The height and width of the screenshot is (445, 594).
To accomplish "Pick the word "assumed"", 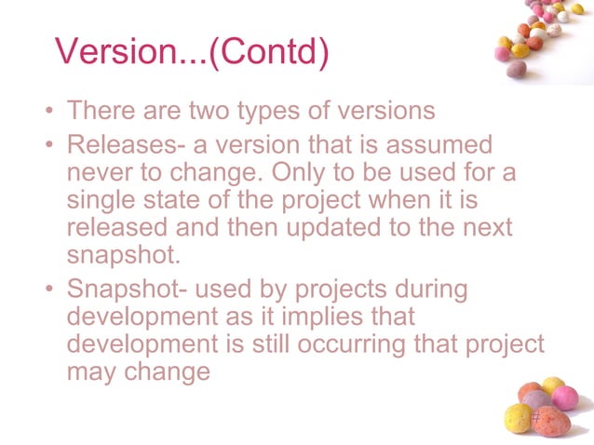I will pyautogui.click(x=440, y=146).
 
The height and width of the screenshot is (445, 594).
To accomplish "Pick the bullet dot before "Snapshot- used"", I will pyautogui.click(x=47, y=290).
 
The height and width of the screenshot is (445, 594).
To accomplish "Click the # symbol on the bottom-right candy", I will pyautogui.click(x=536, y=420).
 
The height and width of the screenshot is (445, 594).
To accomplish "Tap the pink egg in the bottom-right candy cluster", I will pyautogui.click(x=564, y=398).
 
